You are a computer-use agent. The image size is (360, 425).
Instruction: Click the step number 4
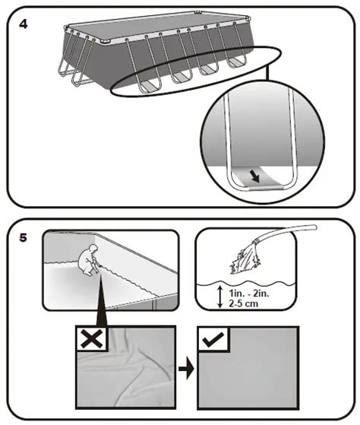(24, 24)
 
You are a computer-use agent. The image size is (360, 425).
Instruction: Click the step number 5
(24, 238)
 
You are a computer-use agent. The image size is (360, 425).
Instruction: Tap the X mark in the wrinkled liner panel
(92, 339)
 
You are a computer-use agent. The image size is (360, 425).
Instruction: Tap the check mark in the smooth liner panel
(213, 339)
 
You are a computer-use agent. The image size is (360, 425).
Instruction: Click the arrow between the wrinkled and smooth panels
(186, 369)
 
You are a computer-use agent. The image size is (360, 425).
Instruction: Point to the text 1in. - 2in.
(249, 293)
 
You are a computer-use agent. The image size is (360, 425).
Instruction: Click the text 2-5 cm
(243, 303)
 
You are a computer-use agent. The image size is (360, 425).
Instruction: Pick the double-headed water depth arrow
(220, 297)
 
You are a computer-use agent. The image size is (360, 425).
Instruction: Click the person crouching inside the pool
(89, 260)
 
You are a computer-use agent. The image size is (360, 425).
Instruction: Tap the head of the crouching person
(93, 248)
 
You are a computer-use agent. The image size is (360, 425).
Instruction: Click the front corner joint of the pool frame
(105, 42)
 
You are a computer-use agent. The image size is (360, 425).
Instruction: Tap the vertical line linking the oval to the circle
(267, 72)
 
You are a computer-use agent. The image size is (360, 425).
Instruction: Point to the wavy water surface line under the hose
(246, 284)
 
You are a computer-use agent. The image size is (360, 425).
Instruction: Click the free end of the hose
(314, 227)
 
